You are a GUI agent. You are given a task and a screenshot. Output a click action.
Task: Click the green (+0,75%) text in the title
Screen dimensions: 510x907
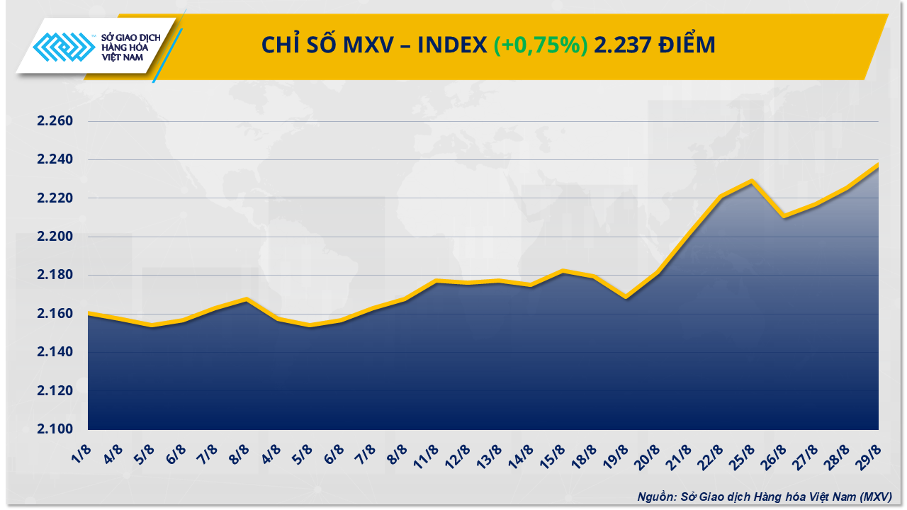(541, 45)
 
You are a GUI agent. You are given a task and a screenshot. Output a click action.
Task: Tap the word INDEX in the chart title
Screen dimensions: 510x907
(451, 45)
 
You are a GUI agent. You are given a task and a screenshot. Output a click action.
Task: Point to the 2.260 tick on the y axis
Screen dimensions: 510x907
(55, 121)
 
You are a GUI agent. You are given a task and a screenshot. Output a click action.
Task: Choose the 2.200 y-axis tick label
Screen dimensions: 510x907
(55, 237)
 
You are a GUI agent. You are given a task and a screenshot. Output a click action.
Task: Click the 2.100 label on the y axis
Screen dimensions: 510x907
(55, 429)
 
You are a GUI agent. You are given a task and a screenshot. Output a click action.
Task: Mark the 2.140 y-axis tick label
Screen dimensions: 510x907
(55, 352)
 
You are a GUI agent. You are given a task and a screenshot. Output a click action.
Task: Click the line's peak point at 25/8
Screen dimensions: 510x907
(752, 181)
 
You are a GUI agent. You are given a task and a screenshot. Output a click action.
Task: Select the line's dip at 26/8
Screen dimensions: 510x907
(784, 216)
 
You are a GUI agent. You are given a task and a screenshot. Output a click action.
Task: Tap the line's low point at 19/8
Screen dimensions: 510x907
(625, 297)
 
